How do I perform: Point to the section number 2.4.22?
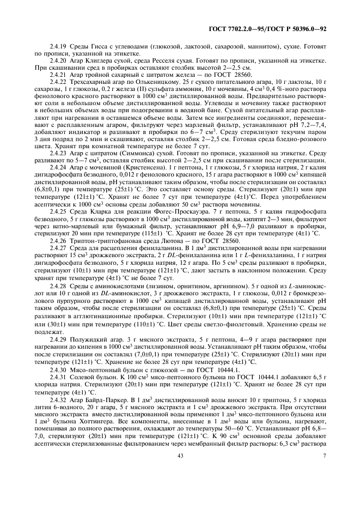click(x=59, y=81)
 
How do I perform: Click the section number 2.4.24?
click(x=59, y=167)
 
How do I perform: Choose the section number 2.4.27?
click(x=59, y=247)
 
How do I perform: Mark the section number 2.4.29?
click(x=59, y=339)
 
